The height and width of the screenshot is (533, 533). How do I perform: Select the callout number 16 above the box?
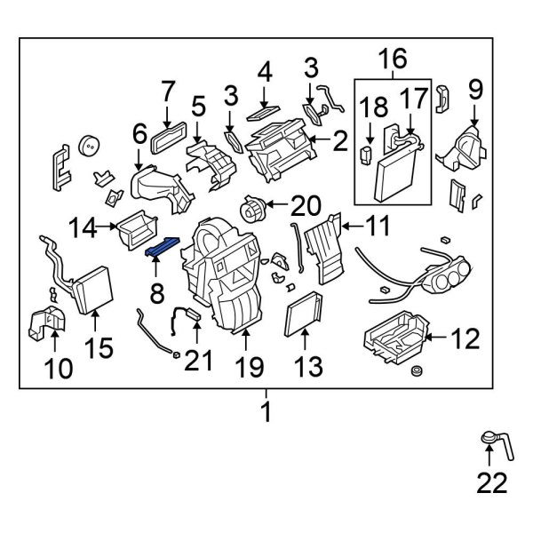tap(393, 60)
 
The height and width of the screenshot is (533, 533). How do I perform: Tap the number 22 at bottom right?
tap(491, 482)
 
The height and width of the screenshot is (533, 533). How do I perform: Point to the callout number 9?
tap(474, 89)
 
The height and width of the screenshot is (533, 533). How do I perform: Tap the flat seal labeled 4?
tap(263, 112)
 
